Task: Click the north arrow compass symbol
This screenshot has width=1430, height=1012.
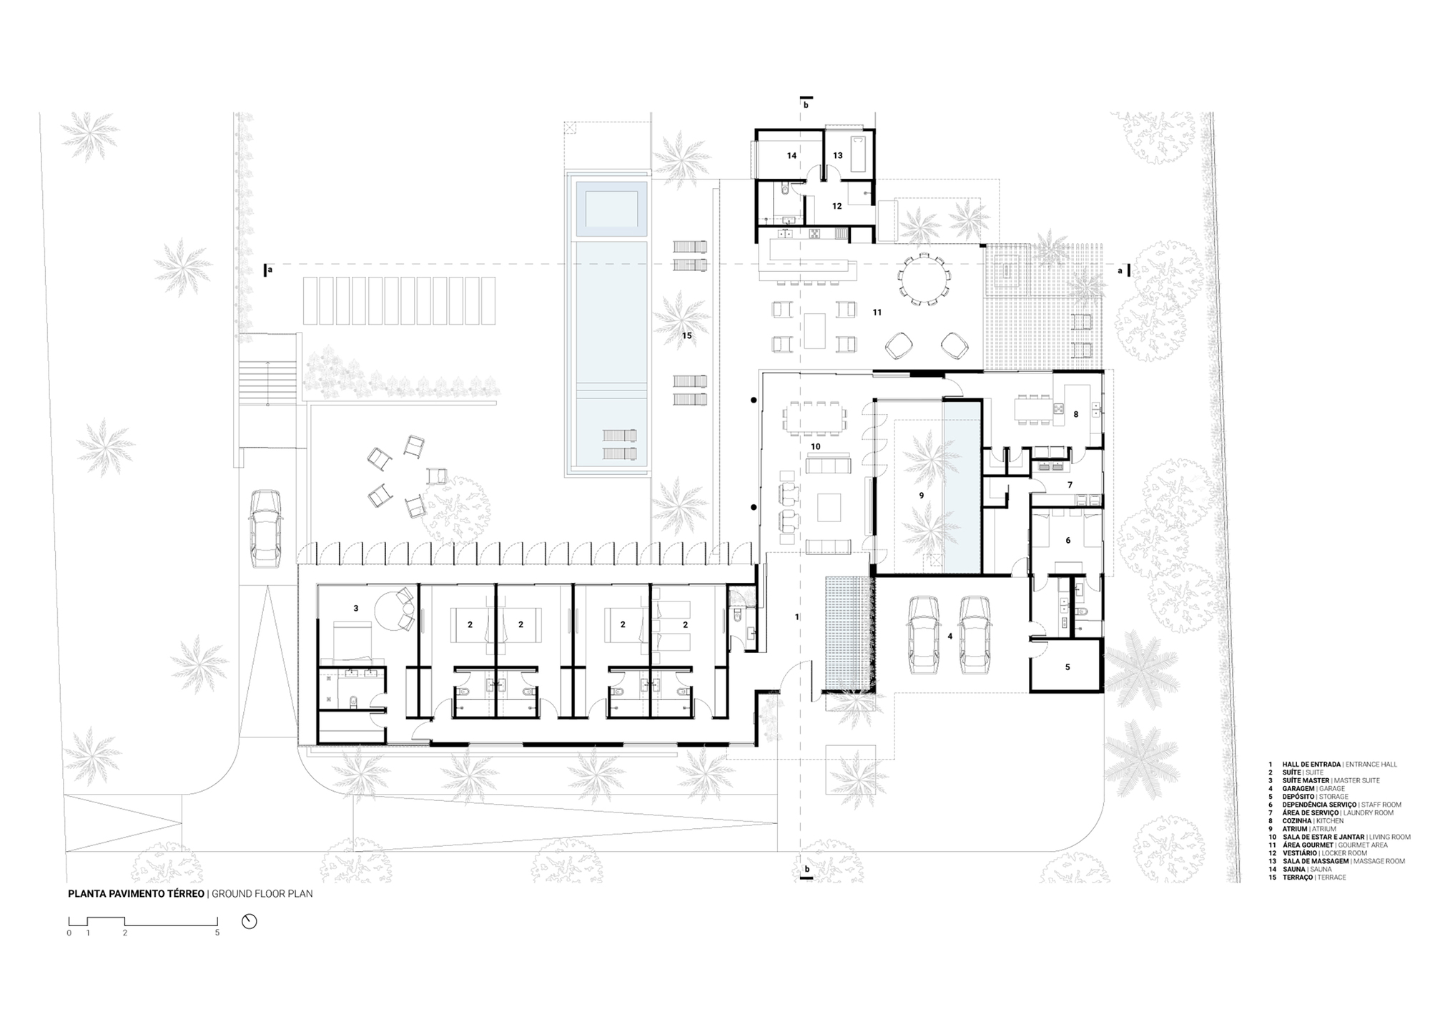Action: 249,921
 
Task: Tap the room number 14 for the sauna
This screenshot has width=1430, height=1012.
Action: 792,155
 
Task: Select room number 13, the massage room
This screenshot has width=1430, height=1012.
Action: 837,155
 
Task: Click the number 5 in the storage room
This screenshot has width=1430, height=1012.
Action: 1067,667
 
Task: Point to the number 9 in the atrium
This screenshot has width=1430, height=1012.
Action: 921,495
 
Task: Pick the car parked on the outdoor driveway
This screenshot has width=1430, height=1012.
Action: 265,528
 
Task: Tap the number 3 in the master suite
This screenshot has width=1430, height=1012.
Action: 355,609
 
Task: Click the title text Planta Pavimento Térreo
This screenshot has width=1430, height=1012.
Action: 136,893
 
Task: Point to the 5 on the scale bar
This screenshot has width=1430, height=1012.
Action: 217,933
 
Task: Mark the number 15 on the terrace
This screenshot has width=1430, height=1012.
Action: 686,335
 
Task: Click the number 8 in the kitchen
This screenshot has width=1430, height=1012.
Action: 1075,414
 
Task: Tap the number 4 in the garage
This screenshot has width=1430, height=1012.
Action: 950,636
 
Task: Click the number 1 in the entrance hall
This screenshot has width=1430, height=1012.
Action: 797,616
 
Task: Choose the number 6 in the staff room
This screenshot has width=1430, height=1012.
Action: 1067,541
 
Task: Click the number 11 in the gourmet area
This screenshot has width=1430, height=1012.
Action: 877,313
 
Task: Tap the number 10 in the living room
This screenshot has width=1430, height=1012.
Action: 815,446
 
